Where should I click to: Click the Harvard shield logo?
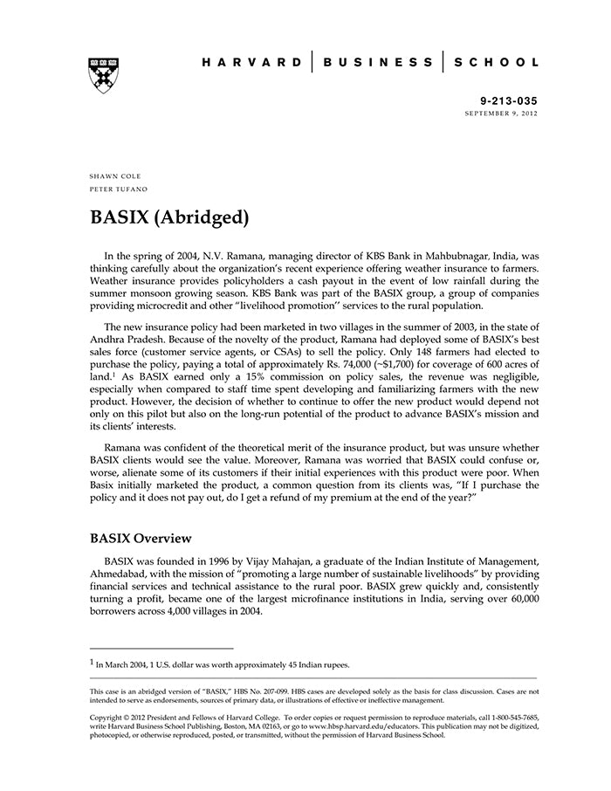click(104, 75)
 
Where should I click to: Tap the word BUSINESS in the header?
click(377, 63)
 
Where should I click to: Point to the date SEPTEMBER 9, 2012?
click(501, 114)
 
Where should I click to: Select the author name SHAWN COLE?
click(115, 176)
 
